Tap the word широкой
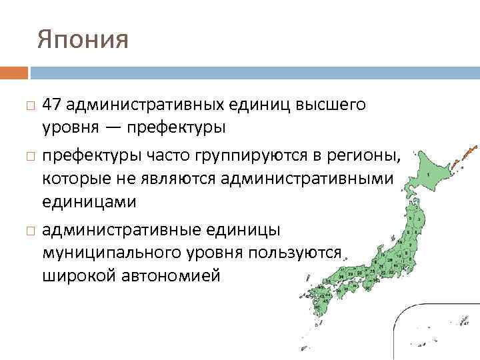79,275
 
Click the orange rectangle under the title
14,73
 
